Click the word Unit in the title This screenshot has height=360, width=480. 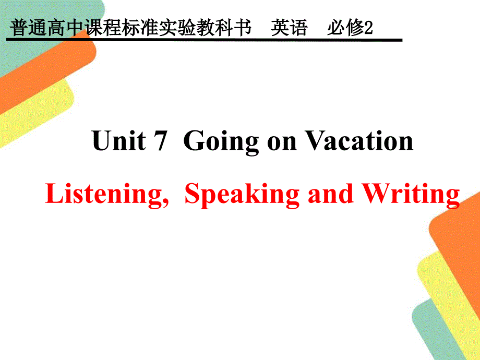119,140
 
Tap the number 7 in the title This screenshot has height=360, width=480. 160,140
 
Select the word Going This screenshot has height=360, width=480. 221,142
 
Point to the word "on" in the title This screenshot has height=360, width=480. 282,143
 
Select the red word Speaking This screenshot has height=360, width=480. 242,195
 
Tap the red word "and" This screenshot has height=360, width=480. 330,194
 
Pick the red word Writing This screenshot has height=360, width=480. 411,195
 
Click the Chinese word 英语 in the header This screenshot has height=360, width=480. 289,28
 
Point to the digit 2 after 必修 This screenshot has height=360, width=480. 368,28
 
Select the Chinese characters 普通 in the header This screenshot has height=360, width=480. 28,28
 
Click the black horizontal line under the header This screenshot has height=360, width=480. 204,40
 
